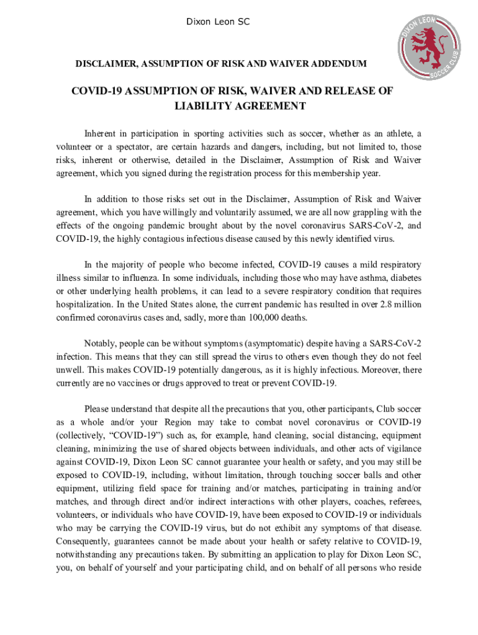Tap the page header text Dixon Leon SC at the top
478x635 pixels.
219,22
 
